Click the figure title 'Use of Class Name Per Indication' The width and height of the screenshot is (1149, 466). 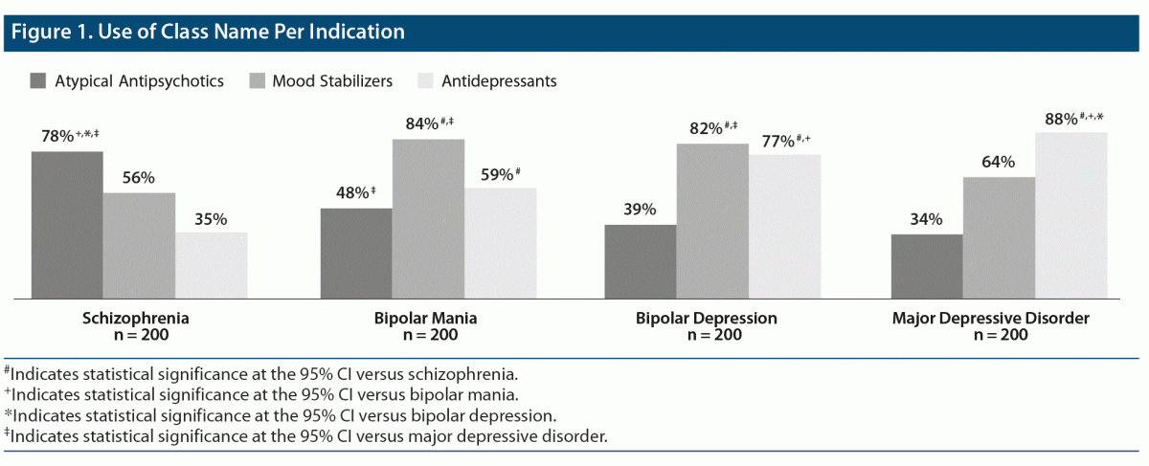coord(207,32)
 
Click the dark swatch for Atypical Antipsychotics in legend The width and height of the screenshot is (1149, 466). coord(39,80)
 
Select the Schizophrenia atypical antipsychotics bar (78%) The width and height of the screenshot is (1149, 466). coord(67,224)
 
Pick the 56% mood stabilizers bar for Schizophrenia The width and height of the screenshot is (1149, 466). coord(139,245)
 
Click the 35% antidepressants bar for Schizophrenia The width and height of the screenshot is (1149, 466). coord(211,264)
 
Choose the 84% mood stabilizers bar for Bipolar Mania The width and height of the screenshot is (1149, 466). coord(428,218)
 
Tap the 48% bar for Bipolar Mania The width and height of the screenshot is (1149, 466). coord(356,253)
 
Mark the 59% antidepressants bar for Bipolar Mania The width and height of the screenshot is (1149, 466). coord(500,242)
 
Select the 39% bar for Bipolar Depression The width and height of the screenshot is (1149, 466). coord(641,260)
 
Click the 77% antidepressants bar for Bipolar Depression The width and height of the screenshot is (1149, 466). coord(784,225)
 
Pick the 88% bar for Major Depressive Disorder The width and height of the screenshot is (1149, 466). coord(1071,214)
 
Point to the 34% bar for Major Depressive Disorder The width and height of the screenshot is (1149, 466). coord(927,265)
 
